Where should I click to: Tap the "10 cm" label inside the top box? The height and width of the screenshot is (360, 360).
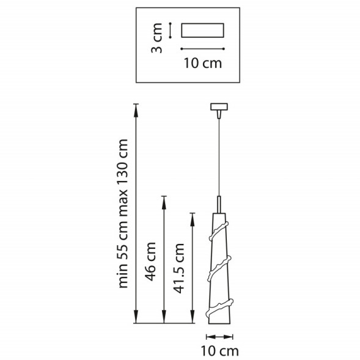pyautogui.click(x=203, y=62)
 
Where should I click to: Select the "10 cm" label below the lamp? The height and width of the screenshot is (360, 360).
pyautogui.click(x=219, y=350)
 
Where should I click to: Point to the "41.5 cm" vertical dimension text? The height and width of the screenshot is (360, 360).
pyautogui.click(x=179, y=269)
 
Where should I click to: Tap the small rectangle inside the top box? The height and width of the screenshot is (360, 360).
pyautogui.click(x=203, y=31)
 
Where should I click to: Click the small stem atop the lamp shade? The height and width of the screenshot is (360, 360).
pyautogui.click(x=218, y=204)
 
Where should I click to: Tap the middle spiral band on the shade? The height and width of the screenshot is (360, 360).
pyautogui.click(x=218, y=269)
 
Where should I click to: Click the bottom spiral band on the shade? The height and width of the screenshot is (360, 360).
pyautogui.click(x=219, y=306)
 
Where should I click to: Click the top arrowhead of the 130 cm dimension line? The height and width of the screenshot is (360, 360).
pyautogui.click(x=136, y=107)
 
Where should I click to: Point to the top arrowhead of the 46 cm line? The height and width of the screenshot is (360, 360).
pyautogui.click(x=163, y=199)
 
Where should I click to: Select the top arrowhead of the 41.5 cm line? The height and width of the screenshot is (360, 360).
pyautogui.click(x=193, y=216)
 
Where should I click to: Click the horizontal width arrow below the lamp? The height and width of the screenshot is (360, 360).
pyautogui.click(x=219, y=336)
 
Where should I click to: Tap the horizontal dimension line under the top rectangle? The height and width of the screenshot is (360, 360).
pyautogui.click(x=203, y=48)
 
